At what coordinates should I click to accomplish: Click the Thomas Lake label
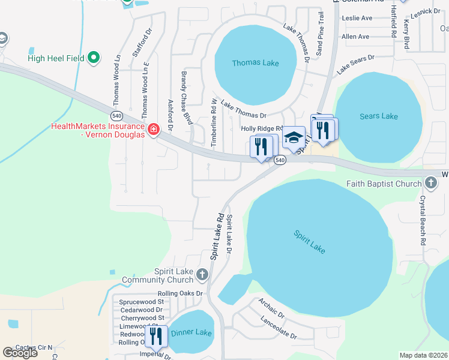click(256, 63)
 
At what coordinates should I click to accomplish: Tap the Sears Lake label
click(379, 116)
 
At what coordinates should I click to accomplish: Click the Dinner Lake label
click(191, 332)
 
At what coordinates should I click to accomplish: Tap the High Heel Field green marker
click(93, 58)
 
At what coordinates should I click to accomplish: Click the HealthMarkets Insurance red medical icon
click(153, 130)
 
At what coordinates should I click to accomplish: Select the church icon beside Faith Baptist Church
click(430, 182)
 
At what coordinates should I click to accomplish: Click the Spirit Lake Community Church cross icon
click(202, 275)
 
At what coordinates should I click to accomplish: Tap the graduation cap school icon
click(293, 138)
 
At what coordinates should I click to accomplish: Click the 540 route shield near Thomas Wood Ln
click(116, 115)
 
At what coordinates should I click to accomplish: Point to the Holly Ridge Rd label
click(261, 128)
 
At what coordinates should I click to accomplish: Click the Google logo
click(20, 353)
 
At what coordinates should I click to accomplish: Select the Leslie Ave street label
click(357, 18)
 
